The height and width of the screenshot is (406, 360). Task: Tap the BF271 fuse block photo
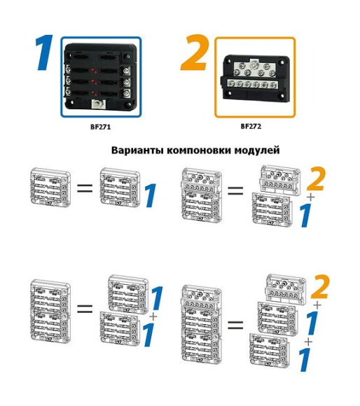(101, 78)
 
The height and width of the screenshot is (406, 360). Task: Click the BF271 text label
(101, 127)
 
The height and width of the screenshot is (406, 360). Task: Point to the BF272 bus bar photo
(254, 78)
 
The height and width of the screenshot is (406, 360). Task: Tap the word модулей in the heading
(256, 150)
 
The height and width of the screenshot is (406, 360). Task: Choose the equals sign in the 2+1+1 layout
(236, 323)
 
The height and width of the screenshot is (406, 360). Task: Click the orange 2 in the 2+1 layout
(316, 180)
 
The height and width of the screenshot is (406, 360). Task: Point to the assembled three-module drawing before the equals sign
(202, 323)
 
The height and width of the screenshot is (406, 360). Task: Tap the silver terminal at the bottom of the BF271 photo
(99, 105)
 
